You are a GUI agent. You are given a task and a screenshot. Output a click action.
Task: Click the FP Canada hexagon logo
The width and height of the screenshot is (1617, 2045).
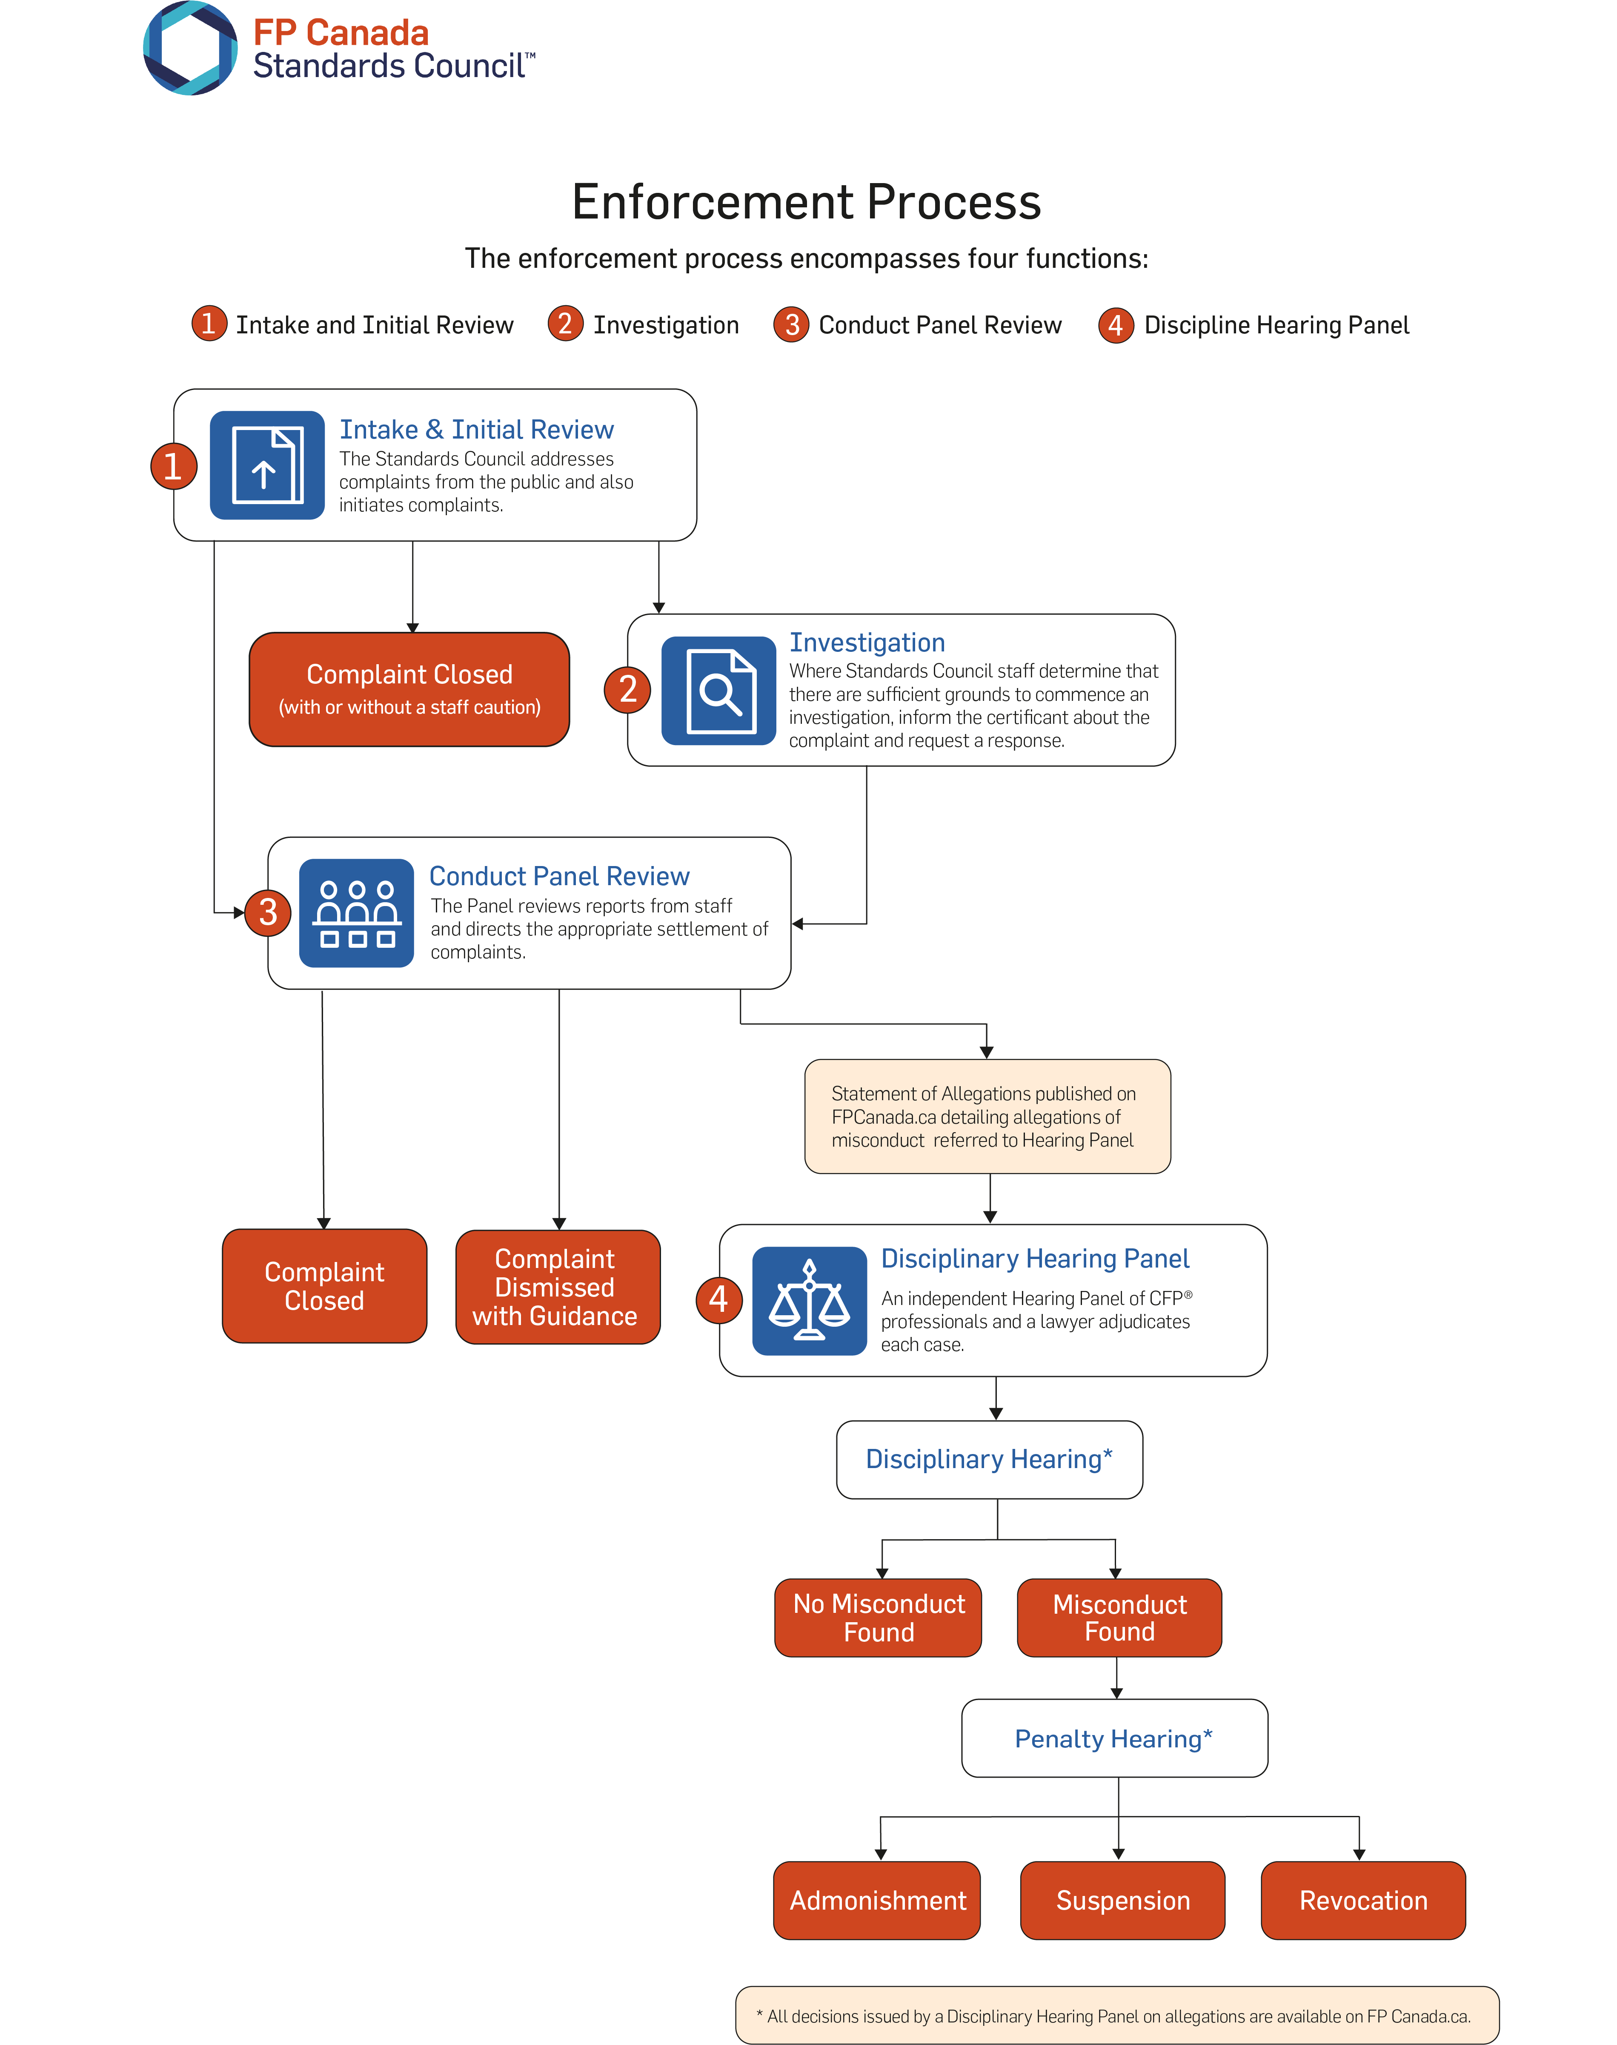(x=189, y=48)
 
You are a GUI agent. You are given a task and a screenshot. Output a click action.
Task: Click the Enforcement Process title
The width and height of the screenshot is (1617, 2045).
(x=807, y=202)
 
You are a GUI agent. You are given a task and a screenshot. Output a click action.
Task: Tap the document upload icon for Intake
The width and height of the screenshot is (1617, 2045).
(x=267, y=465)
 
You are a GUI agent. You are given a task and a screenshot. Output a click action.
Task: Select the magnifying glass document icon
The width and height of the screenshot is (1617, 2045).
(x=718, y=690)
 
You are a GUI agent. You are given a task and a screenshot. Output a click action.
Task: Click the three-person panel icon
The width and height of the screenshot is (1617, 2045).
(x=356, y=913)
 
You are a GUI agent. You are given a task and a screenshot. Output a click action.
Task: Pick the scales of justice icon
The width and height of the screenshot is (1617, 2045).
(x=810, y=1301)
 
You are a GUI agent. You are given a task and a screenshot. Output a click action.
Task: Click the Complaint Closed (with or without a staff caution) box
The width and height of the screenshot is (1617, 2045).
(x=409, y=689)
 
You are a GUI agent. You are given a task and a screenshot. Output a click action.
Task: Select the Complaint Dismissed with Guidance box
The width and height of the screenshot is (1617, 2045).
(x=558, y=1287)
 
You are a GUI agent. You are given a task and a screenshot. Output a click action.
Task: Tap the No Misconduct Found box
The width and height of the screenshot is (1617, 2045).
(x=879, y=1617)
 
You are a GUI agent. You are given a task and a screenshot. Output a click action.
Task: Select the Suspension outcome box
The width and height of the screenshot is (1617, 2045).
(x=1123, y=1900)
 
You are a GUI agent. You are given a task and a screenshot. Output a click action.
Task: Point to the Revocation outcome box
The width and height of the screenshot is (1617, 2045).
(x=1363, y=1900)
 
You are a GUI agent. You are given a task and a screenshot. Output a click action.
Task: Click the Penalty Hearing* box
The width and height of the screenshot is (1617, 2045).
(x=1114, y=1738)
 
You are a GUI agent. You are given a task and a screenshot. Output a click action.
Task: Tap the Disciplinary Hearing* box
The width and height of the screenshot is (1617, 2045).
(x=989, y=1459)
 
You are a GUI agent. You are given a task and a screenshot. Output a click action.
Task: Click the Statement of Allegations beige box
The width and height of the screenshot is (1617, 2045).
(x=987, y=1116)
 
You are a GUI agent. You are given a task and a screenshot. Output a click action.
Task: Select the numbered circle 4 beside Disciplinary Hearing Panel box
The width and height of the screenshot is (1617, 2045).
(x=718, y=1299)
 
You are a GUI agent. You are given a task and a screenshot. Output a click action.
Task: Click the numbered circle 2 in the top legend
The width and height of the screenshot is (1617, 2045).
(x=565, y=324)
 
